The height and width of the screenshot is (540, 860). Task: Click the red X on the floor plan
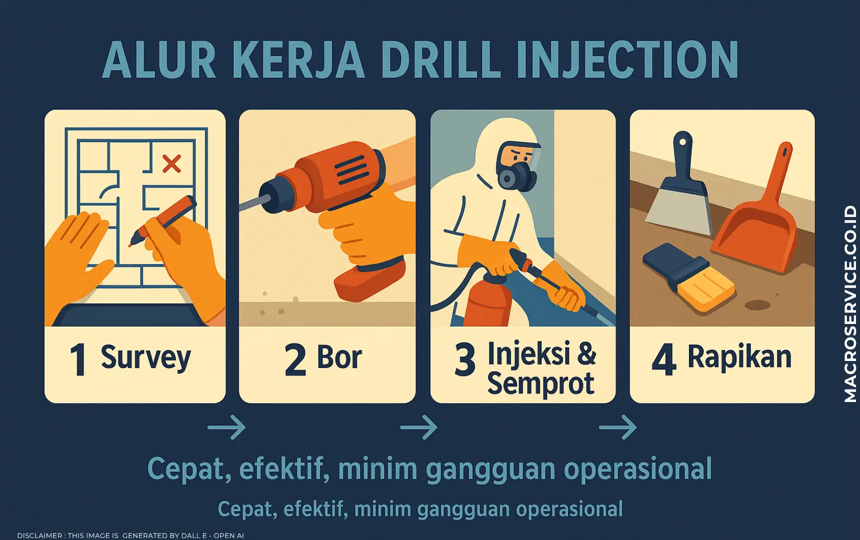coord(171,163)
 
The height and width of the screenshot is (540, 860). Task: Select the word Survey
coord(145,357)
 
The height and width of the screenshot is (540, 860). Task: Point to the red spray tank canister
coord(488,303)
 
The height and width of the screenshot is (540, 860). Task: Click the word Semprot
coord(540,383)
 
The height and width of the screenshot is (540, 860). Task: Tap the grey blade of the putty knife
coord(678,210)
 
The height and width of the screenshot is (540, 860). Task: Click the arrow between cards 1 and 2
coord(226,427)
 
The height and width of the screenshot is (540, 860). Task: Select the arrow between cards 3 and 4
coord(618,427)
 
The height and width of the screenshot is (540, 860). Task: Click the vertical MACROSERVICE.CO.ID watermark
coord(850,303)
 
